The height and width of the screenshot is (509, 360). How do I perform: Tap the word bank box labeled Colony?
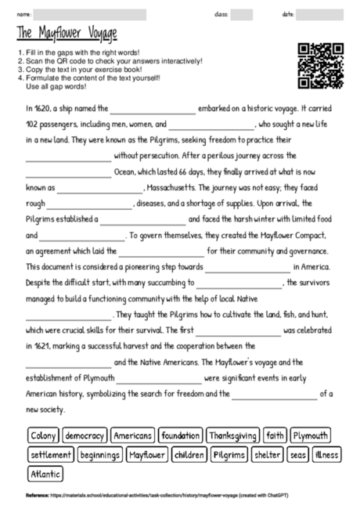click(x=43, y=435)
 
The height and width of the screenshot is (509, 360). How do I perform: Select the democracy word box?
click(x=85, y=435)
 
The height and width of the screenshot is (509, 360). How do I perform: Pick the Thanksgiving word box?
click(x=232, y=435)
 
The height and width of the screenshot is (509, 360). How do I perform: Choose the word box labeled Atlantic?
click(x=45, y=474)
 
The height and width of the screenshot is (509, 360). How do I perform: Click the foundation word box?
click(x=180, y=435)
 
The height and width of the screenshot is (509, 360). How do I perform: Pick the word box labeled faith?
click(x=275, y=435)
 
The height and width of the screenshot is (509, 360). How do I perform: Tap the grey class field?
click(x=242, y=14)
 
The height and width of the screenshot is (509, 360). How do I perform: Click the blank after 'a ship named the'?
click(x=153, y=110)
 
